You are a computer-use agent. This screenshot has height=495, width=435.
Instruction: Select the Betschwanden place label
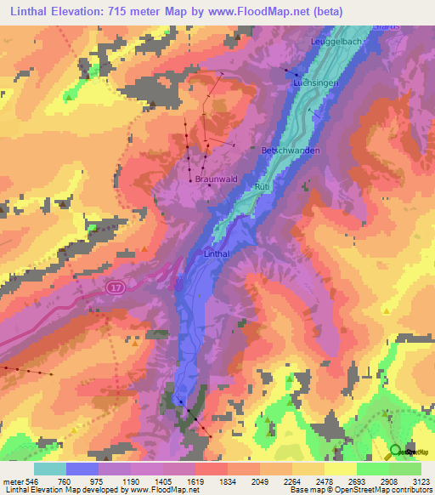click(x=291, y=151)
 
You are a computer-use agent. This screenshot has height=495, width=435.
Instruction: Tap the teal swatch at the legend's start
click(x=50, y=469)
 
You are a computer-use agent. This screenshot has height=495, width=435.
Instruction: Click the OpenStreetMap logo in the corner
click(x=397, y=451)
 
